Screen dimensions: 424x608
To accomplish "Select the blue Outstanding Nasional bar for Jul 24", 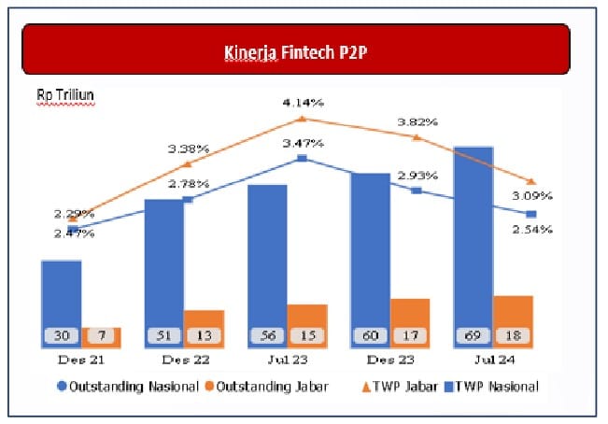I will point(473,243).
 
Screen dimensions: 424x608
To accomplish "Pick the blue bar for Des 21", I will point(62,294).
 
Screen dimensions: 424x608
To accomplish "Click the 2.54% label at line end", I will point(534,229).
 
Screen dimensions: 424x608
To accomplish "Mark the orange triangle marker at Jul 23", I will point(302,119).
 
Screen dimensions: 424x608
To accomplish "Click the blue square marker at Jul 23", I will point(302,159).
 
